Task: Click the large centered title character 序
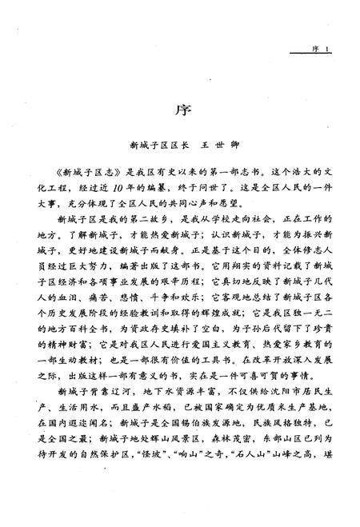click(181, 107)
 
